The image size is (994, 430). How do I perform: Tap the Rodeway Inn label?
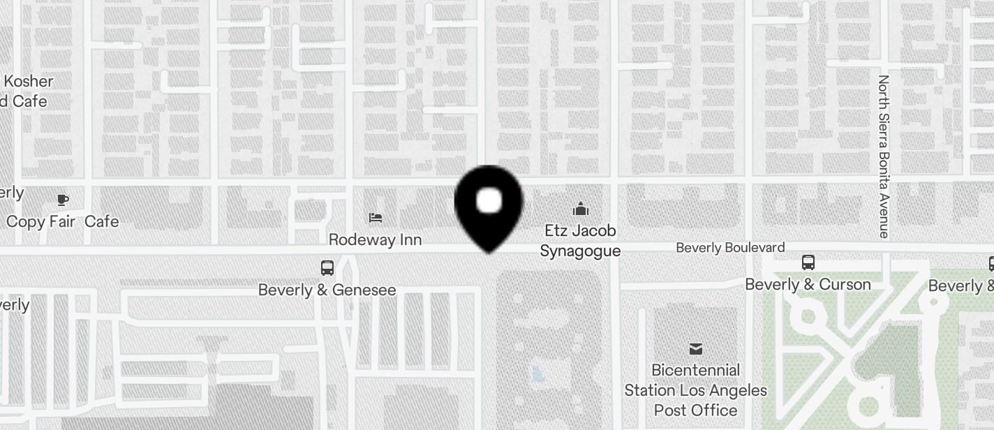coord(375,239)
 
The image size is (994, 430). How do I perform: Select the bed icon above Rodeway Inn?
coord(376,218)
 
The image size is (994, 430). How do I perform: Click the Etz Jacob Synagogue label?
coord(580,240)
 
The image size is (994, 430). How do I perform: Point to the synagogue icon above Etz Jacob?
coord(580,208)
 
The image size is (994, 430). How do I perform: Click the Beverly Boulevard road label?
coord(730,248)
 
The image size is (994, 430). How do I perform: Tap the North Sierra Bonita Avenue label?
coord(884,156)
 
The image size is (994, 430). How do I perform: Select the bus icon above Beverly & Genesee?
coord(327,267)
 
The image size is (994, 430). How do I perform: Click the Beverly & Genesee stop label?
coord(327,290)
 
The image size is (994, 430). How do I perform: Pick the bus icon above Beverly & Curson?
coord(808,262)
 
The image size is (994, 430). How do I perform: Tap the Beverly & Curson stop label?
coord(808,285)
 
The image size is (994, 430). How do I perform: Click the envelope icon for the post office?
coord(695,349)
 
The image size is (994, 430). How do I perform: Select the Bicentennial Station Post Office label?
coord(695,390)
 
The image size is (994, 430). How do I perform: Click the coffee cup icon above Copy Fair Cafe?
coord(63,200)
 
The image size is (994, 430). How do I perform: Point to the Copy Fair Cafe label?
coord(62,222)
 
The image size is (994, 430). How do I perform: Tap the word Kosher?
coord(29,81)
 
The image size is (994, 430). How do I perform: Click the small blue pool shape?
coord(537,374)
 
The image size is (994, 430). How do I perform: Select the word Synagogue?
coord(580,251)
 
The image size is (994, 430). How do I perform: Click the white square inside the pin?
coord(489,201)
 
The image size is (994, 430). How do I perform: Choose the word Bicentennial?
coord(695,370)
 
